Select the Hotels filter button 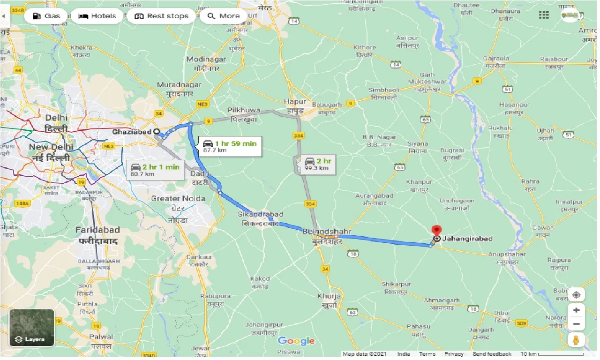(97, 16)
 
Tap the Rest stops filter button (161, 16)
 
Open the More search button (224, 16)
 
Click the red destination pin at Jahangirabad (436, 231)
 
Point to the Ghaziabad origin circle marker (157, 132)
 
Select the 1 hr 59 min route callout (230, 147)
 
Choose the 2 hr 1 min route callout (155, 170)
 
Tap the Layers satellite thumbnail (32, 327)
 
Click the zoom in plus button (576, 310)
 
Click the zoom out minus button (576, 324)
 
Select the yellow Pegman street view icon (576, 340)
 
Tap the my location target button (576, 294)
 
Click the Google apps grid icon (544, 15)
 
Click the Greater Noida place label (178, 199)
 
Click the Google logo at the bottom (296, 341)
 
